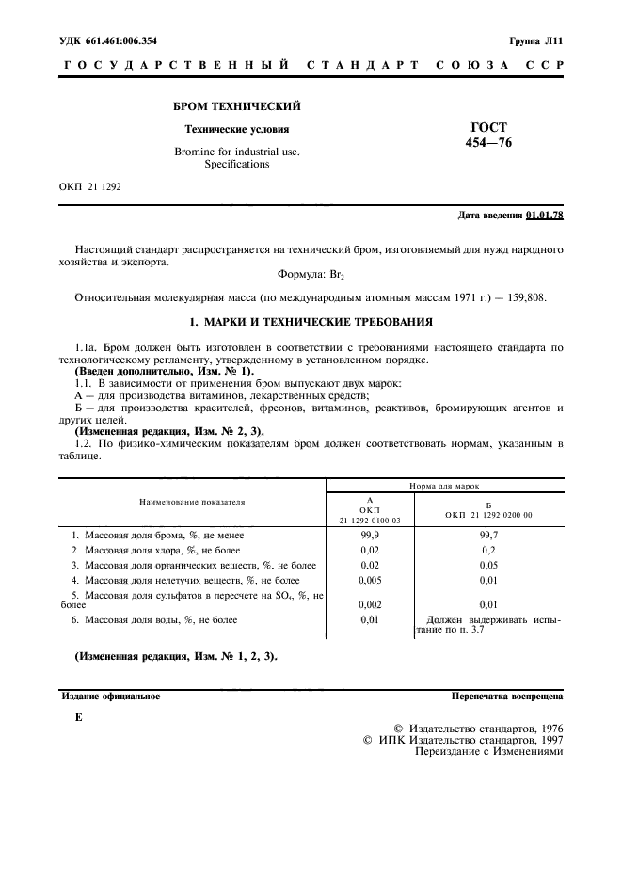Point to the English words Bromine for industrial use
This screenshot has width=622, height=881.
[x=237, y=151]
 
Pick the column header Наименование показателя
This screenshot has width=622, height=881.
[x=192, y=503]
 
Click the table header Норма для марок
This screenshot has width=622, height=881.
[x=443, y=487]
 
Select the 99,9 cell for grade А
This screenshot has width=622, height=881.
[x=370, y=535]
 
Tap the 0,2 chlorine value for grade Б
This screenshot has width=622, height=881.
[x=488, y=550]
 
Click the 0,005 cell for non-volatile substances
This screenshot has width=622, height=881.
[x=370, y=580]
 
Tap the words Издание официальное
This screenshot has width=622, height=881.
[x=111, y=697]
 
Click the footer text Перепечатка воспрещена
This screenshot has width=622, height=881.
[x=507, y=697]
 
